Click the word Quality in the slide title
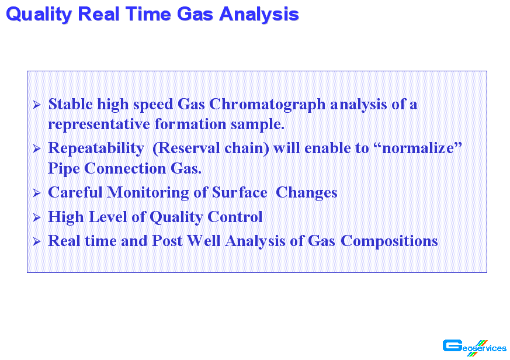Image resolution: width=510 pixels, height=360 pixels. pyautogui.click(x=39, y=15)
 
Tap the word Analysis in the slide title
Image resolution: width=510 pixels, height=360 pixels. pyautogui.click(x=259, y=15)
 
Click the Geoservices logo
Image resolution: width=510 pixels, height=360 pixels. pyautogui.click(x=474, y=348)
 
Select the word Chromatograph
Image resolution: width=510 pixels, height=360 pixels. pyautogui.click(x=267, y=105)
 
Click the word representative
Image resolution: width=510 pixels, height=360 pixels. pyautogui.click(x=99, y=124)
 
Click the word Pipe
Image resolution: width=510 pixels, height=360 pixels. pyautogui.click(x=64, y=169)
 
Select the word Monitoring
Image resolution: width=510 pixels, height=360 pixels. pyautogui.click(x=148, y=193)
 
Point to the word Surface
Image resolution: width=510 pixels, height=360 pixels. pyautogui.click(x=240, y=192)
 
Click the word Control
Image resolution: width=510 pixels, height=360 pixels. pyautogui.click(x=235, y=217)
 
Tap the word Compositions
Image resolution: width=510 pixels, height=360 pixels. pyautogui.click(x=389, y=241)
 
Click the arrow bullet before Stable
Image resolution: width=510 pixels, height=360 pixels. pyautogui.click(x=37, y=105)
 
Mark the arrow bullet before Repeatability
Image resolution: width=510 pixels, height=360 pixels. pyautogui.click(x=37, y=149)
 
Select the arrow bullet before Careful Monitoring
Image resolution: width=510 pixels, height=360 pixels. pyautogui.click(x=37, y=193)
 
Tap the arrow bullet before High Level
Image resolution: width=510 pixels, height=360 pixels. pyautogui.click(x=37, y=217)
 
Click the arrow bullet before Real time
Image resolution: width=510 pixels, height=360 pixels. pyautogui.click(x=37, y=241)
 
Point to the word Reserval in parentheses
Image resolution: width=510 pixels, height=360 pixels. pyautogui.click(x=189, y=148)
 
